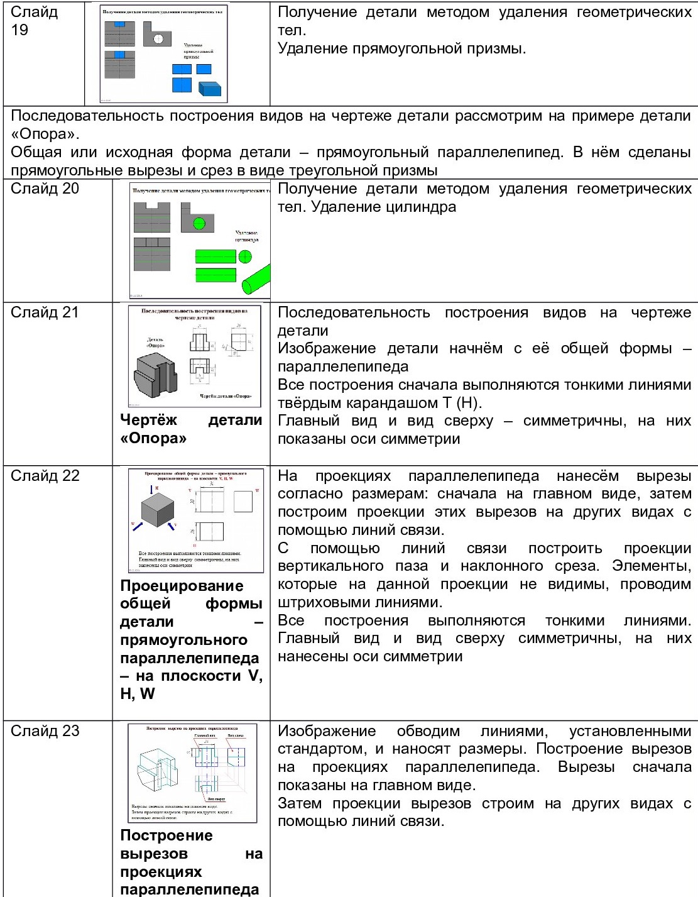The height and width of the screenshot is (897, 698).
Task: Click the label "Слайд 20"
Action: click(45, 189)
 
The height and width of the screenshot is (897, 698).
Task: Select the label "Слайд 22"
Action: click(45, 476)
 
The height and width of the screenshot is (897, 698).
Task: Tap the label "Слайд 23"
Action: click(45, 731)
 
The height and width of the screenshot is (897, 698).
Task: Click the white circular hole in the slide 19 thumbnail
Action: click(158, 39)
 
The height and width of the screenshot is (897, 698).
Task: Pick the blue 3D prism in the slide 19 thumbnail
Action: click(210, 88)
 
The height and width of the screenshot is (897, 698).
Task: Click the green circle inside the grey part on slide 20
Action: click(199, 223)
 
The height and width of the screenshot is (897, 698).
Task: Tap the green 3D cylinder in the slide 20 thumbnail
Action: click(256, 279)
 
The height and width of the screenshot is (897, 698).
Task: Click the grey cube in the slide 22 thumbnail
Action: click(157, 509)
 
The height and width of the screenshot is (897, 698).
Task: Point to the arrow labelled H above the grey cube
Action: click(151, 488)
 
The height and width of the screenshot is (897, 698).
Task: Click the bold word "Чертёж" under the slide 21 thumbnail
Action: click(148, 421)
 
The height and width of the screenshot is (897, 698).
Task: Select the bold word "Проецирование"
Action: click(182, 586)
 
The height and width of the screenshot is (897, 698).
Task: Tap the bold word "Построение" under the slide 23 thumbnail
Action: click(166, 836)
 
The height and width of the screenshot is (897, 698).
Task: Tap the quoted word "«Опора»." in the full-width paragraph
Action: click(45, 134)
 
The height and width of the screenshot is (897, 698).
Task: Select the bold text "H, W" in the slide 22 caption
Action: click(137, 694)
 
